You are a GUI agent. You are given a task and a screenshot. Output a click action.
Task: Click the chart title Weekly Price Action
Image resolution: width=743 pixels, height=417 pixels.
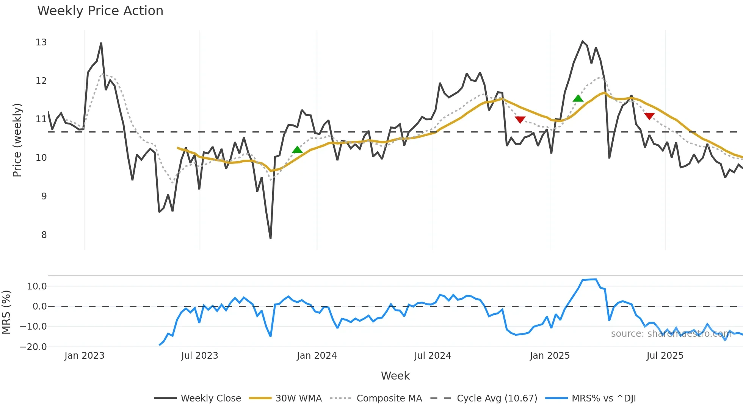coord(100,11)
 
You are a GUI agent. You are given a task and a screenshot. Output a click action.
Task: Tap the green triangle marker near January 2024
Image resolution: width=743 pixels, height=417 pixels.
coord(298,150)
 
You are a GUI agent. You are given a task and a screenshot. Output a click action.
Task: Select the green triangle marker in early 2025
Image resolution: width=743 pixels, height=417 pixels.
coord(578,99)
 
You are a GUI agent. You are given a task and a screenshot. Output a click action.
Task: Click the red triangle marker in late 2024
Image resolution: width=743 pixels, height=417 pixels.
coord(520,120)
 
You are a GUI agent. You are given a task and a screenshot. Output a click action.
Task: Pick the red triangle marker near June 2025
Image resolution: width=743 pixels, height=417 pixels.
coord(649,116)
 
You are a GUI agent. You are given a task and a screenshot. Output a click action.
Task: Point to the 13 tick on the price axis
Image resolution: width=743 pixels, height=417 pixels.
coord(41,42)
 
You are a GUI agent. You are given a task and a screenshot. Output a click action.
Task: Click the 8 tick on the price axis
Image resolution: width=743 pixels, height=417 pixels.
coord(44,235)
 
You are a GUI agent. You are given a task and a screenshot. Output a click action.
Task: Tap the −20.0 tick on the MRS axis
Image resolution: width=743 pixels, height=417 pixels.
coord(33,347)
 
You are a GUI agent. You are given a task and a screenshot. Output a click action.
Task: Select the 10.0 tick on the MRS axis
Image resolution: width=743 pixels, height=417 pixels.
coord(37,286)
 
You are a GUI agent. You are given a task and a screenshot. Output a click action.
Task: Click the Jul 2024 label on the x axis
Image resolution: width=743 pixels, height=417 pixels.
coord(433,356)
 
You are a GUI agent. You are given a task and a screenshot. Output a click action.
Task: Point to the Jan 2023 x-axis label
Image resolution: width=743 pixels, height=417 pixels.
coord(84,356)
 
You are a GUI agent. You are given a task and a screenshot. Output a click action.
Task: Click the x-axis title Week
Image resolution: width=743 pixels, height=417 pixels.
coord(395,376)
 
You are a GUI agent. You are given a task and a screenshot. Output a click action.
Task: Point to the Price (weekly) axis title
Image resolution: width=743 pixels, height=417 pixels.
coord(17,140)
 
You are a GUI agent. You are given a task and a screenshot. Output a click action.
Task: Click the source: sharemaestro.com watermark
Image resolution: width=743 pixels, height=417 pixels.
coord(671,334)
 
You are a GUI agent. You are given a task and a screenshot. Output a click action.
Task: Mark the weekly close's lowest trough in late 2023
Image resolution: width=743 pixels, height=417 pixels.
coord(270,238)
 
